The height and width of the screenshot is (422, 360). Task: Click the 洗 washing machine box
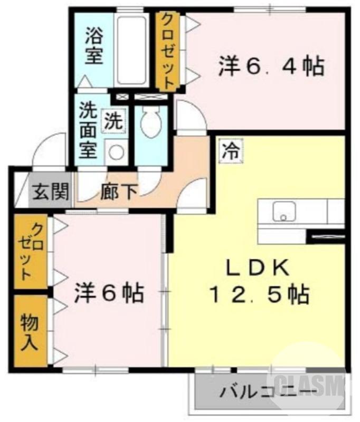click(115, 121)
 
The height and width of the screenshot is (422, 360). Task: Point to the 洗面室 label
click(88, 129)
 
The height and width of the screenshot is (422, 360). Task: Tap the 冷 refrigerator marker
click(229, 150)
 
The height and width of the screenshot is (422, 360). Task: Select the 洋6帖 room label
click(109, 293)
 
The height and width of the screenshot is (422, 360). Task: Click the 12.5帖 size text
click(259, 295)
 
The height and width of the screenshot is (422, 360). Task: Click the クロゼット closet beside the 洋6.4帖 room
click(166, 51)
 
